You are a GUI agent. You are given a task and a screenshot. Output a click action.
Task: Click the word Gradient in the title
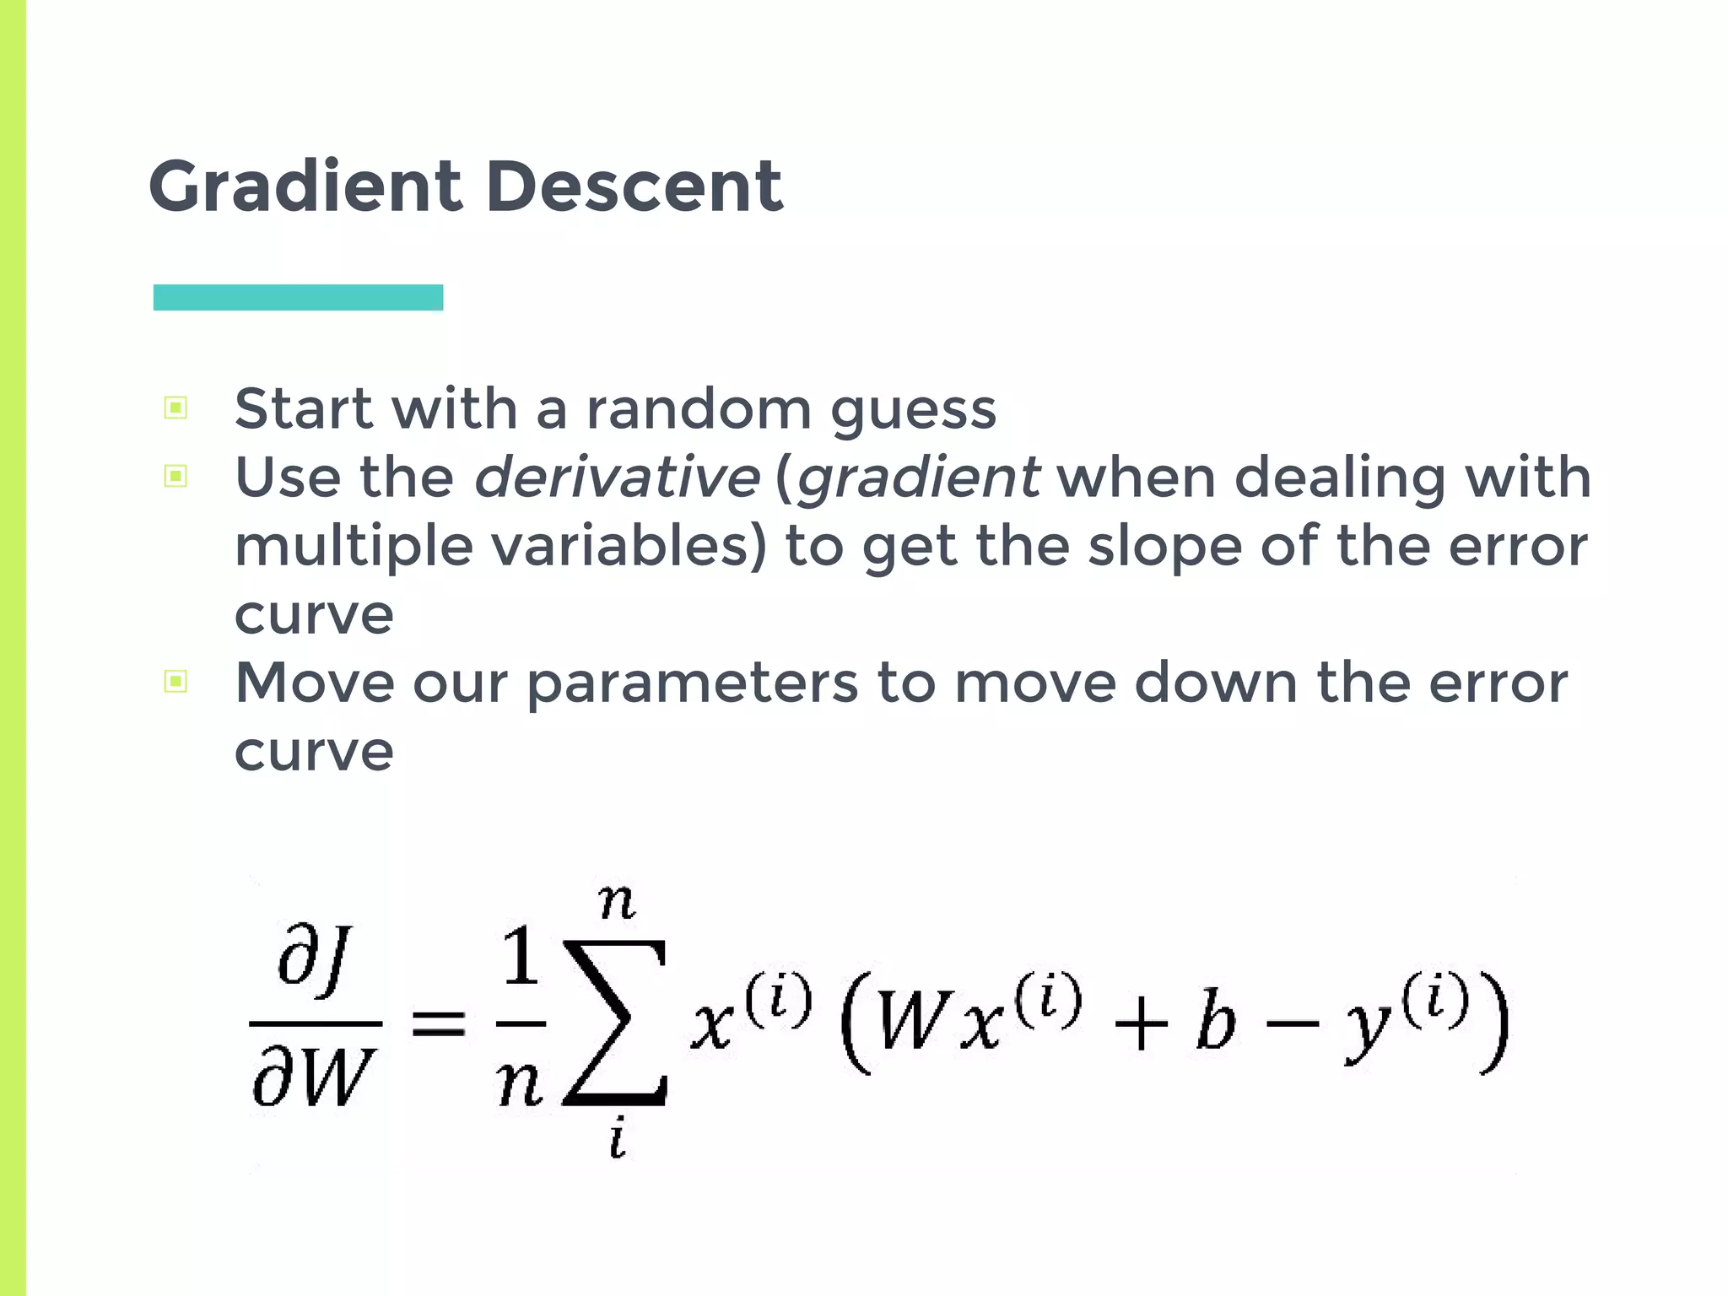click(305, 187)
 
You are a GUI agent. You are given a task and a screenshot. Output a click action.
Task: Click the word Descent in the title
click(634, 187)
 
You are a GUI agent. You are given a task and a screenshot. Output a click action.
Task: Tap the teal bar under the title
click(298, 298)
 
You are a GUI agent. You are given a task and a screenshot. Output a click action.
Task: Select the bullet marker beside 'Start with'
click(175, 408)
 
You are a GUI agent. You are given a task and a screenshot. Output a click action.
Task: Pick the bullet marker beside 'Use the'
click(175, 477)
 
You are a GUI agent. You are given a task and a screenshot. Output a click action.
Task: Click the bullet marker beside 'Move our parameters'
click(175, 681)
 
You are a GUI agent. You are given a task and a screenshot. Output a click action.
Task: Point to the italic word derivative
click(618, 478)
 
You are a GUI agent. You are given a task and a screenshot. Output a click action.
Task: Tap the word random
click(699, 409)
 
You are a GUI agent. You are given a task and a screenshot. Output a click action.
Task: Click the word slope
click(1164, 547)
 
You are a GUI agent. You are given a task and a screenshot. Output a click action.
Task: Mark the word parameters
click(692, 683)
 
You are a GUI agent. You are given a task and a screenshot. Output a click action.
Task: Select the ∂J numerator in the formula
click(314, 958)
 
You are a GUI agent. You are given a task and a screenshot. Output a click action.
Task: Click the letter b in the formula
click(1216, 1023)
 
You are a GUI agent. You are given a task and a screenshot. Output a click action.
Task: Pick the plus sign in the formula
click(1141, 1027)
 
